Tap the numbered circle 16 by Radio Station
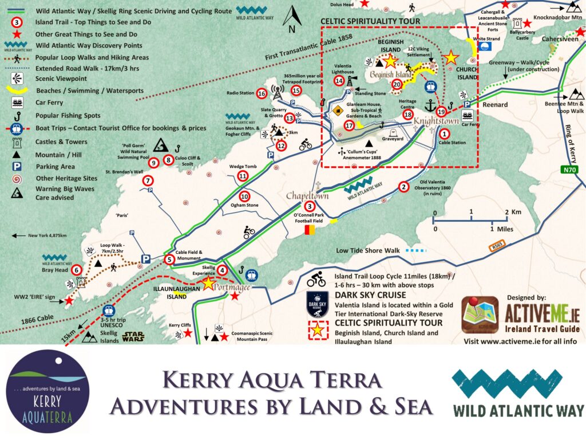[x=262, y=93]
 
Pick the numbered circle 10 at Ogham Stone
[x=244, y=196]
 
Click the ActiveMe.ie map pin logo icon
[x=480, y=313]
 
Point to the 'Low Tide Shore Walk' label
[x=367, y=250]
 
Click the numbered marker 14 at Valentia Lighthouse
[x=339, y=81]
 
